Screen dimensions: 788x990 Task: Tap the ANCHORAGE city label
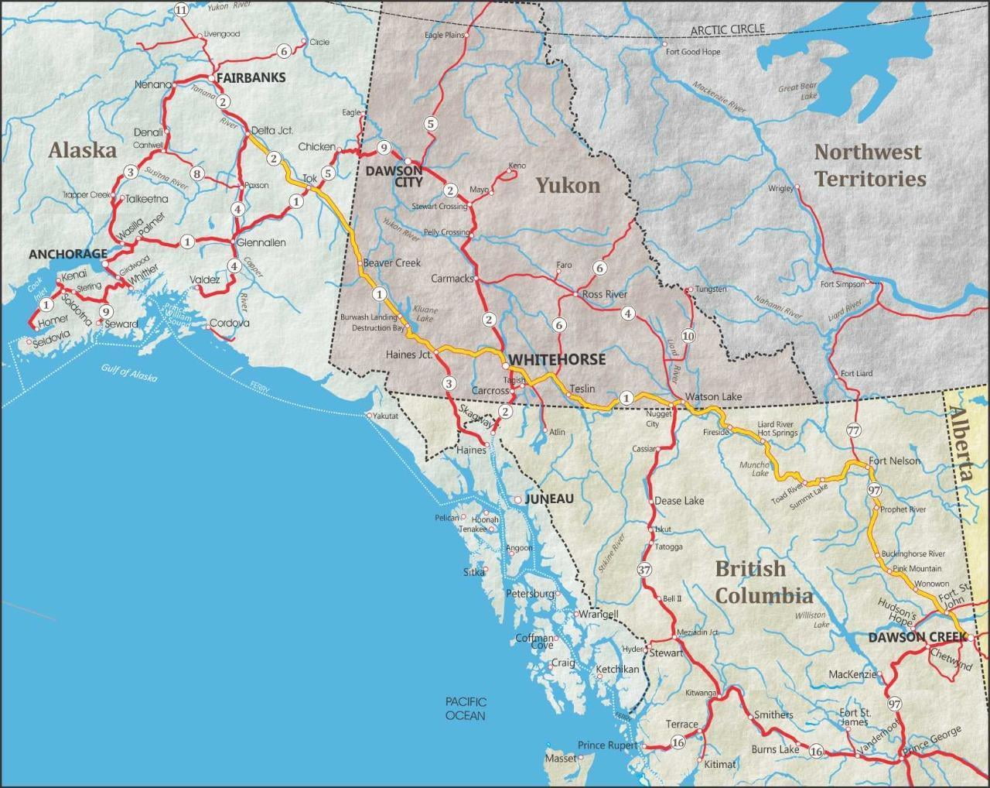[x=68, y=254]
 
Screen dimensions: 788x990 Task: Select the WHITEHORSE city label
[x=556, y=361]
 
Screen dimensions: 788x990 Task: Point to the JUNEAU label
[x=549, y=499]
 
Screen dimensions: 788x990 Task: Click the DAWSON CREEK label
[x=917, y=637]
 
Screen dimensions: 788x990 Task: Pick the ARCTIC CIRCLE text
[x=728, y=29]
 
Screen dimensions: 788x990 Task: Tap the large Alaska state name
[x=83, y=150]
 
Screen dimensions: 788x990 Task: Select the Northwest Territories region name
[x=869, y=165]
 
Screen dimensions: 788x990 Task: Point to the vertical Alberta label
[x=964, y=444]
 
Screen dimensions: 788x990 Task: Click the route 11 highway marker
[x=181, y=10]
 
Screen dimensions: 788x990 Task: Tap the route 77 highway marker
[x=853, y=430]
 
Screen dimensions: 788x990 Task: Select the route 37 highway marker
[x=644, y=570]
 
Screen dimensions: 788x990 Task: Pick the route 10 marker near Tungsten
[x=688, y=335]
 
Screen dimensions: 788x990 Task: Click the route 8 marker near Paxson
[x=197, y=173]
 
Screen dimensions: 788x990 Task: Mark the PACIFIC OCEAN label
[x=465, y=708]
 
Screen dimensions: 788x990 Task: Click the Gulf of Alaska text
[x=128, y=373]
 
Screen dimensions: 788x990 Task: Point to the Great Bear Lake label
[x=798, y=92]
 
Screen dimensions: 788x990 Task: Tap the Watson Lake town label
[x=713, y=397]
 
